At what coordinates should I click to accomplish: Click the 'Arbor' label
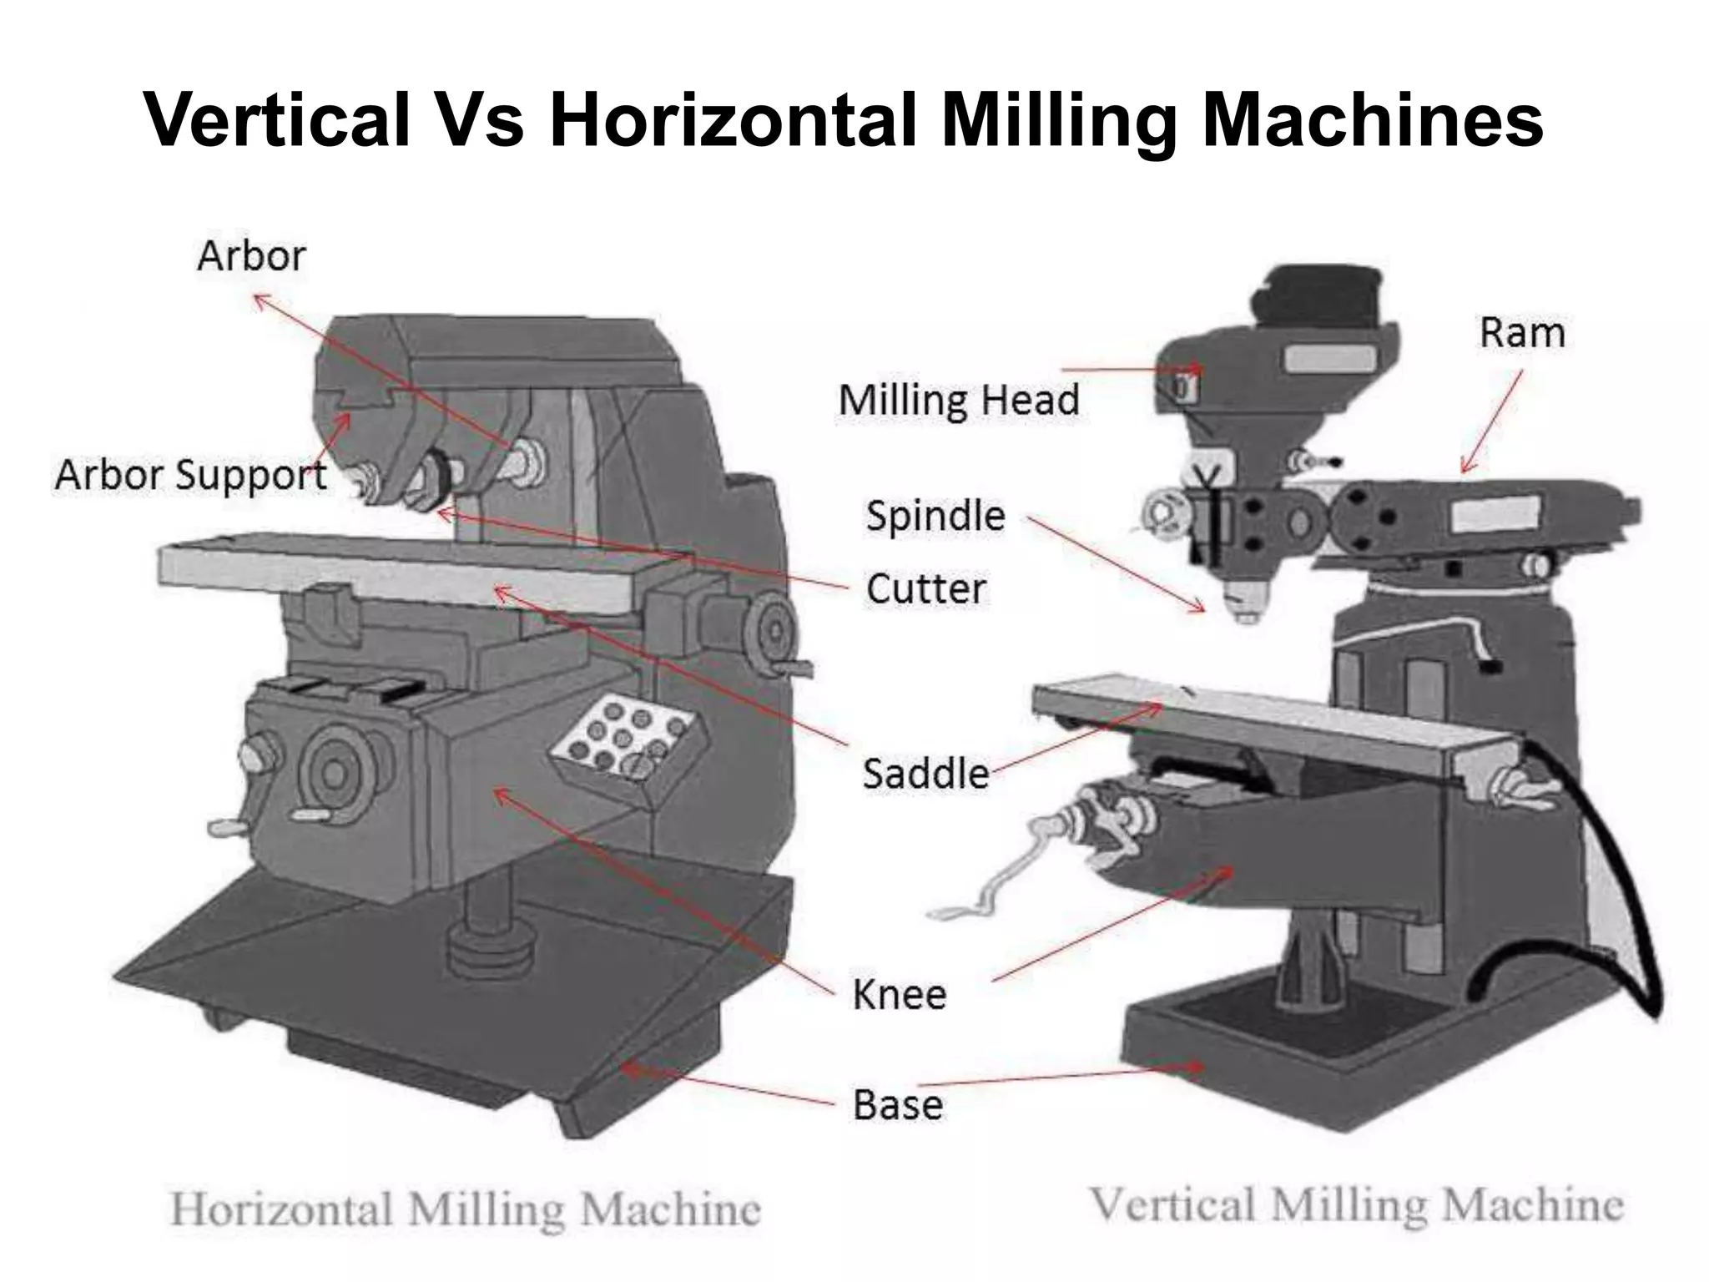click(251, 255)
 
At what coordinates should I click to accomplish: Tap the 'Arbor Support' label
click(190, 476)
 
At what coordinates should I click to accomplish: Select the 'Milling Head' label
click(959, 400)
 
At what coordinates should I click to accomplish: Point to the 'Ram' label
click(1521, 333)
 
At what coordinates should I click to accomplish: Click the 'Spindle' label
click(935, 516)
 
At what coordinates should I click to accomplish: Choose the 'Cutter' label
click(925, 589)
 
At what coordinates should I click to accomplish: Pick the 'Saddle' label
click(925, 774)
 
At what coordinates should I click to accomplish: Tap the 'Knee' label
click(899, 995)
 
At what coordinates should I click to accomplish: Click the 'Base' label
click(898, 1105)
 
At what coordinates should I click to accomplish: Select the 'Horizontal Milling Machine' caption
click(465, 1209)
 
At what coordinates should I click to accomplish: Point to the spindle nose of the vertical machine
click(1245, 603)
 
